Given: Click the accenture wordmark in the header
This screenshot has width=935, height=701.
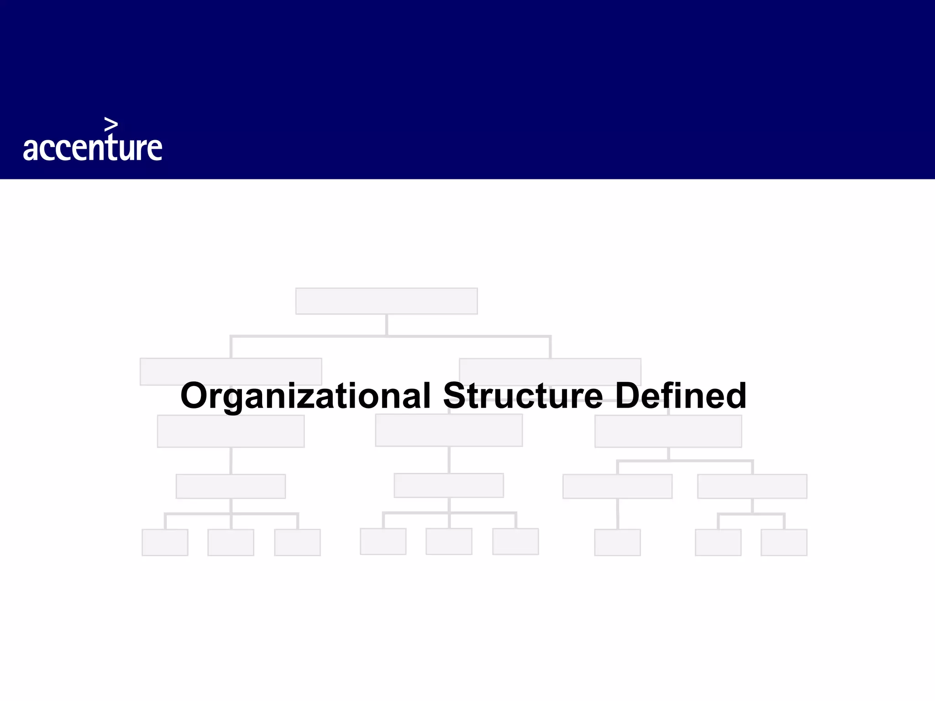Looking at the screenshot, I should point(93,147).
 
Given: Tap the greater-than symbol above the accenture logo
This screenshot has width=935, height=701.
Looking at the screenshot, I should point(111,124).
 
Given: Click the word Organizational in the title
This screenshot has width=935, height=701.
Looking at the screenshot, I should point(305,396).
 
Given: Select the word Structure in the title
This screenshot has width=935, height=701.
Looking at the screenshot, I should point(523,396).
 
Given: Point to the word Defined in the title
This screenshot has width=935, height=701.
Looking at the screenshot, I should point(681,396).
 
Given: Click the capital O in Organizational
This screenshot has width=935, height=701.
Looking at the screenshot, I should point(195,396).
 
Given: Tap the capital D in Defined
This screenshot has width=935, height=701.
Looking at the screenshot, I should point(628,396).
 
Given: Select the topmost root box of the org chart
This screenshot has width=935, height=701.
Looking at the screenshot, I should point(386,301).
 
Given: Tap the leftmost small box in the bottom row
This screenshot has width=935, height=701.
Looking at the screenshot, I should point(165,542).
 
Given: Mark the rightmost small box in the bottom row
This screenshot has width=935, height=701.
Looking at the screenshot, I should point(783,542).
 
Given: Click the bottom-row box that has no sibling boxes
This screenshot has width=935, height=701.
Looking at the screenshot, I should point(617,542).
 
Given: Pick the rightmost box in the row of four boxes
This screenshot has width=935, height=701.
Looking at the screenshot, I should point(752,486).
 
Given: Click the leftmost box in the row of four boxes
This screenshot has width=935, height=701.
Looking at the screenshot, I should point(231,486).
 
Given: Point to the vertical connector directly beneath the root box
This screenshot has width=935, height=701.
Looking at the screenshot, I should point(386,325).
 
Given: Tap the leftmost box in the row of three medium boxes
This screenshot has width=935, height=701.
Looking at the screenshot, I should point(231,432).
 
